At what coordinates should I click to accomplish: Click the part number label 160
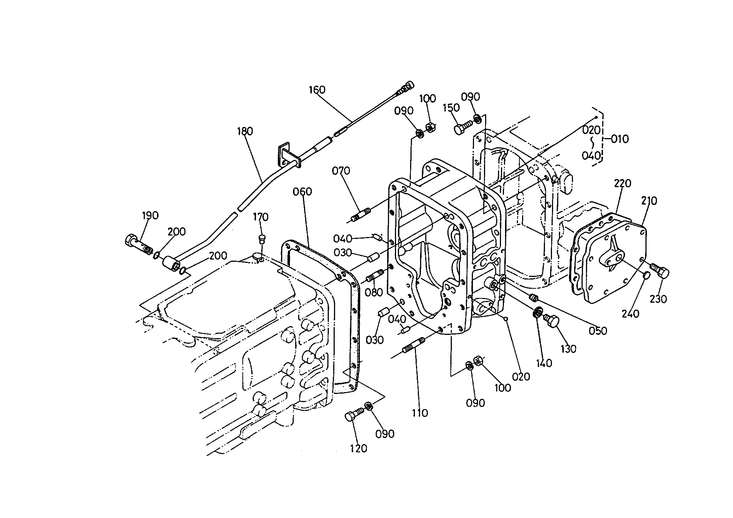click(317, 90)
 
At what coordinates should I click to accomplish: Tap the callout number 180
click(245, 131)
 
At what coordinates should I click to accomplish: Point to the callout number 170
click(260, 217)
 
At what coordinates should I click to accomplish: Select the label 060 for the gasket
click(303, 192)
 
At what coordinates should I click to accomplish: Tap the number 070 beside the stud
click(341, 171)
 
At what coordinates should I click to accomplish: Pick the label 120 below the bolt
click(359, 449)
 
